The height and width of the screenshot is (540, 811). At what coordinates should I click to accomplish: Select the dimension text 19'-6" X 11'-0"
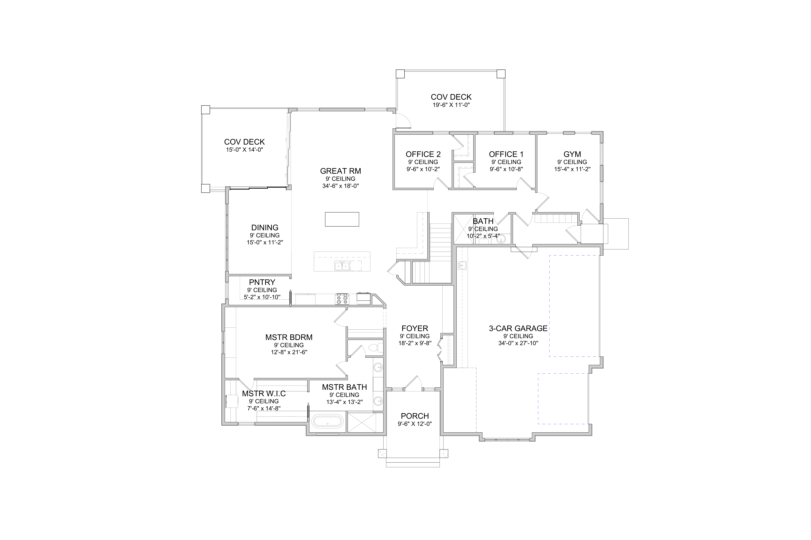pyautogui.click(x=451, y=105)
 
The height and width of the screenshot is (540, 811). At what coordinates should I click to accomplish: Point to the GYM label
pyautogui.click(x=572, y=154)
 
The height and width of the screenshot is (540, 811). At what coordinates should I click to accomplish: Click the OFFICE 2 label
pyautogui.click(x=423, y=154)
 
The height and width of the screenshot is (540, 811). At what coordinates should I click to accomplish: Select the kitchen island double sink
pyautogui.click(x=342, y=266)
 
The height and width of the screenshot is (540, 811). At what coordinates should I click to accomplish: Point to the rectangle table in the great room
pyautogui.click(x=342, y=219)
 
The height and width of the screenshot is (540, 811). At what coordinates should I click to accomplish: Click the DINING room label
pyautogui.click(x=265, y=228)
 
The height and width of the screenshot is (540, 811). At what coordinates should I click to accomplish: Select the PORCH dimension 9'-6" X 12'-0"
pyautogui.click(x=415, y=424)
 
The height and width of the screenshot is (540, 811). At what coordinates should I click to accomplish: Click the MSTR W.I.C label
pyautogui.click(x=264, y=394)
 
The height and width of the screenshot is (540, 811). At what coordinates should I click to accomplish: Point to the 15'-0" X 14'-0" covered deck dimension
pyautogui.click(x=244, y=150)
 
